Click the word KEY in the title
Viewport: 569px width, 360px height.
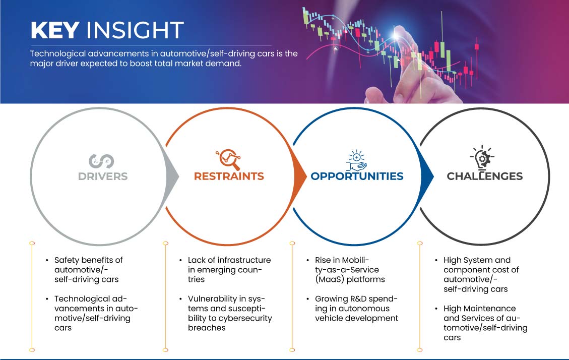(x=55, y=30)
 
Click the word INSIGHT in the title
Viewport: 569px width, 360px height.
(x=135, y=30)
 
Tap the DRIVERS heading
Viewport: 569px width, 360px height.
(x=103, y=176)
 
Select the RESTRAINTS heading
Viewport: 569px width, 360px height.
(x=229, y=176)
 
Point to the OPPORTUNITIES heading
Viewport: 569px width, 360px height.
(x=357, y=176)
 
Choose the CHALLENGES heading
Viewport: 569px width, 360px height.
(x=485, y=176)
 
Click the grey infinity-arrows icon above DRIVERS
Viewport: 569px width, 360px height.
(x=101, y=161)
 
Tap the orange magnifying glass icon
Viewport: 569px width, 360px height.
(x=228, y=159)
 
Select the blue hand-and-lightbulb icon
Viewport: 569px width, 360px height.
(x=356, y=160)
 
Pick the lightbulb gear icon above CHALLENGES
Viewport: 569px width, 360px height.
(x=482, y=157)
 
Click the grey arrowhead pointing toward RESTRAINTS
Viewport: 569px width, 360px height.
(x=173, y=176)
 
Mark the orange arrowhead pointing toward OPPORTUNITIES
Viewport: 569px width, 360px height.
(x=300, y=176)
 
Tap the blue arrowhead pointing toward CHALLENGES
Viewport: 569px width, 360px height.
(x=427, y=176)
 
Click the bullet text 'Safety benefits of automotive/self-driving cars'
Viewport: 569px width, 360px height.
(x=89, y=270)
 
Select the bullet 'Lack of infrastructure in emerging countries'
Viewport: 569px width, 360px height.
(x=229, y=270)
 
